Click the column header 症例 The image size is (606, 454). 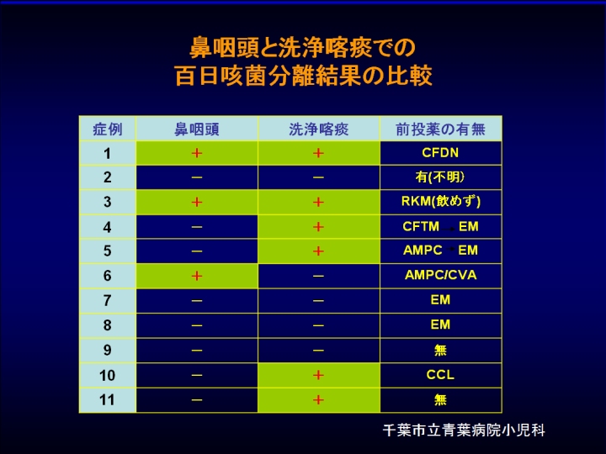click(108, 129)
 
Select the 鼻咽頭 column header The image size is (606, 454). click(197, 129)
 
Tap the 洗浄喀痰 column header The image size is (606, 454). click(318, 129)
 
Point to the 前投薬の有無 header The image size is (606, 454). click(440, 129)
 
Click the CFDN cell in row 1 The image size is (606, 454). click(440, 153)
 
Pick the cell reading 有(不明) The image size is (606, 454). click(440, 177)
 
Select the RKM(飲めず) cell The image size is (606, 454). click(440, 202)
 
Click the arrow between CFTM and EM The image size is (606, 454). click(449, 229)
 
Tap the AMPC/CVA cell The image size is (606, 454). click(440, 275)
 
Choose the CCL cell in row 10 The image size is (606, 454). click(440, 374)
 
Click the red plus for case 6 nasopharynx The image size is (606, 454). click(197, 276)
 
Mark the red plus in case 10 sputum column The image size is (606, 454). click(318, 375)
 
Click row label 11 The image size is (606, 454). click(107, 399)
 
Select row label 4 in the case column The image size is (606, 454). click(107, 227)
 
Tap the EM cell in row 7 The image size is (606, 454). click(440, 300)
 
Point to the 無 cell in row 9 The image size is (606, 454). click(440, 350)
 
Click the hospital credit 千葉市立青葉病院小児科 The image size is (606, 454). click(464, 430)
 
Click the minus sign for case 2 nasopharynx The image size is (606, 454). click(197, 177)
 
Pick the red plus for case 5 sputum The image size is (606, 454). click(318, 251)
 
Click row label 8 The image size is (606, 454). click(107, 325)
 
